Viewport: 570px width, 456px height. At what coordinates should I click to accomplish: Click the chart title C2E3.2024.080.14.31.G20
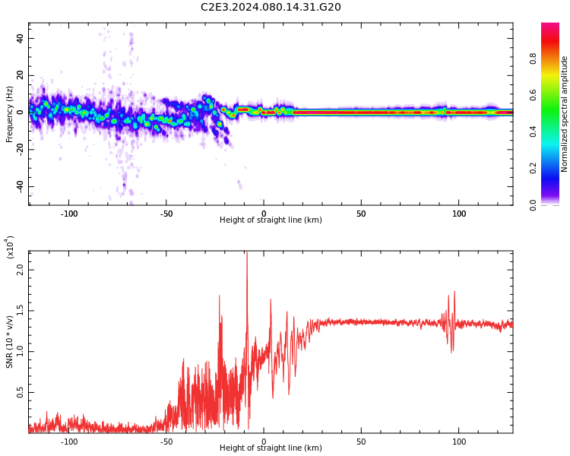pos(271,7)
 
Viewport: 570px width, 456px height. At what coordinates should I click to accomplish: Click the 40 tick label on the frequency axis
pos(20,38)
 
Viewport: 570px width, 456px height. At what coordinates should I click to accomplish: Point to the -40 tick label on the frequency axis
pos(20,187)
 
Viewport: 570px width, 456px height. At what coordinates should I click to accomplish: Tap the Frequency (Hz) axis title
pos(9,114)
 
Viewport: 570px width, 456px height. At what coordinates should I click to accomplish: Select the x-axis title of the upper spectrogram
pos(271,220)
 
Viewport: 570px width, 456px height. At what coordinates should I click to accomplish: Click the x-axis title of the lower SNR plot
pos(271,448)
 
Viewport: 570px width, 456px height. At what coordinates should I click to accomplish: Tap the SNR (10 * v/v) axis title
pos(9,342)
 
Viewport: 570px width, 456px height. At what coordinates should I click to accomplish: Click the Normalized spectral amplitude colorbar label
pos(564,114)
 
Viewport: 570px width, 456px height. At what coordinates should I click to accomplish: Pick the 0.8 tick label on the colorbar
pos(533,59)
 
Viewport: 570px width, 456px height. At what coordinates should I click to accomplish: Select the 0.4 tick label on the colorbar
pos(533,131)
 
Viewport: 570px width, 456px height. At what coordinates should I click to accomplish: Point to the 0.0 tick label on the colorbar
pos(533,205)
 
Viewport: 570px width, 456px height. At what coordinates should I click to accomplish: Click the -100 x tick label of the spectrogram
pos(68,214)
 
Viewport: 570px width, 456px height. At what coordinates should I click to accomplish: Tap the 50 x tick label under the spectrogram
pos(361,214)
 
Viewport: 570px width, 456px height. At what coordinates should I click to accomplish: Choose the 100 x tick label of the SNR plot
pos(459,442)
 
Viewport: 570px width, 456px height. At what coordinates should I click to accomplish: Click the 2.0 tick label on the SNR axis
pos(20,270)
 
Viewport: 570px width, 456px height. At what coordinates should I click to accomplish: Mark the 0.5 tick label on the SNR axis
pos(20,392)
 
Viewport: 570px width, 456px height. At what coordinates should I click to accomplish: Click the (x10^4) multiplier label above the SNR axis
pos(10,247)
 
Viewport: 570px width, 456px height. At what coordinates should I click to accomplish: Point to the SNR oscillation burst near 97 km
pos(450,321)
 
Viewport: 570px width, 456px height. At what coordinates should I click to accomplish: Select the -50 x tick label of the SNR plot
pos(166,442)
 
